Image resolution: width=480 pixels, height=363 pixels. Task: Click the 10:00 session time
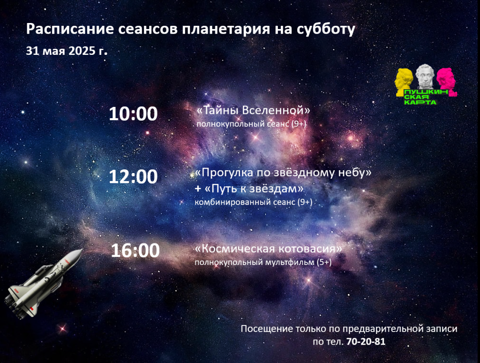click(x=133, y=113)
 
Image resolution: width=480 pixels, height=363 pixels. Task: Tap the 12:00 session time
click(x=133, y=177)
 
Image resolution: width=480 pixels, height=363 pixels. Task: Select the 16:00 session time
click(x=135, y=250)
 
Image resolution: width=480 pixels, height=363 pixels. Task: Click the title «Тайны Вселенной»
click(x=253, y=110)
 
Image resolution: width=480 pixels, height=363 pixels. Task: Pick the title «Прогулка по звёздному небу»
click(x=283, y=173)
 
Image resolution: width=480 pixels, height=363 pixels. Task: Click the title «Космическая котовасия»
click(x=269, y=249)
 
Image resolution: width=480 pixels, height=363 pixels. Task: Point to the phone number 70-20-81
click(x=366, y=341)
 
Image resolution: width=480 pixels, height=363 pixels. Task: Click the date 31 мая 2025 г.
click(x=67, y=51)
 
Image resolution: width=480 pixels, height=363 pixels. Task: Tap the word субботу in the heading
click(x=326, y=29)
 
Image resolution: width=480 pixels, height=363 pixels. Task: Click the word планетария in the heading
click(x=226, y=30)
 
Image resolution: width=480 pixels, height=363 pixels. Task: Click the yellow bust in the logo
click(x=405, y=82)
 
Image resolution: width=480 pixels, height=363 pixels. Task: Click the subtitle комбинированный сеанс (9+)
click(x=254, y=202)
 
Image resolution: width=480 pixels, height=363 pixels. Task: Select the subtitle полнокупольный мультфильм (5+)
click(x=263, y=262)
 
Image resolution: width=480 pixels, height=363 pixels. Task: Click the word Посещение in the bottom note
click(x=267, y=329)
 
